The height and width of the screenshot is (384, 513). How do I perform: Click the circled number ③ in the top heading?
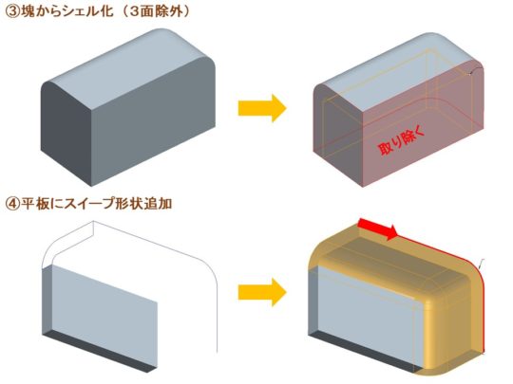12,11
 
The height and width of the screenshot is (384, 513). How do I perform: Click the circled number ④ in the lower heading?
12,204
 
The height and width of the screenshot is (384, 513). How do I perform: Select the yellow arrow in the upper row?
262,108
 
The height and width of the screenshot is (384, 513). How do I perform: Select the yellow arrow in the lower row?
262,292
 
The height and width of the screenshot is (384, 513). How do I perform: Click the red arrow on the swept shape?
378,229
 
